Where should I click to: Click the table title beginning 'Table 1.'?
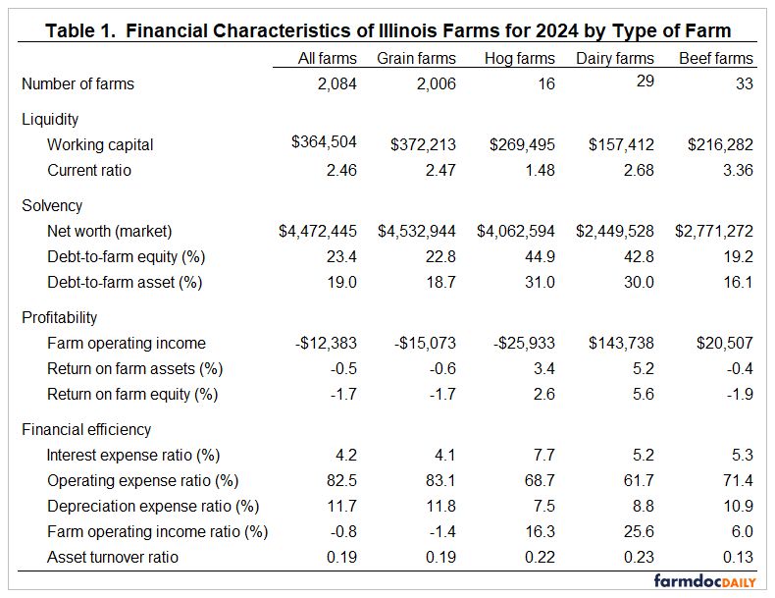[387, 31]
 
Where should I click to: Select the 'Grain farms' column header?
[416, 59]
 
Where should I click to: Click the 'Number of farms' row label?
[77, 84]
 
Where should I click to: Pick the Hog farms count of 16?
[545, 84]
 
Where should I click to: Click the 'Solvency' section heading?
[52, 206]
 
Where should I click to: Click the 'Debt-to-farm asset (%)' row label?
[125, 283]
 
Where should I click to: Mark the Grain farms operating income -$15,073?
[419, 344]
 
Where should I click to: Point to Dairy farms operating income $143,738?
[621, 344]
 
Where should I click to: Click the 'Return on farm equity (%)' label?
[131, 395]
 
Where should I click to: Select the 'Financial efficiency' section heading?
[85, 430]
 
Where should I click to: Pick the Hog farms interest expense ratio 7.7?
[544, 456]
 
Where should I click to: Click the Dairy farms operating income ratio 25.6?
[638, 532]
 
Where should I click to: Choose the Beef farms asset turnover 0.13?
[737, 558]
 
